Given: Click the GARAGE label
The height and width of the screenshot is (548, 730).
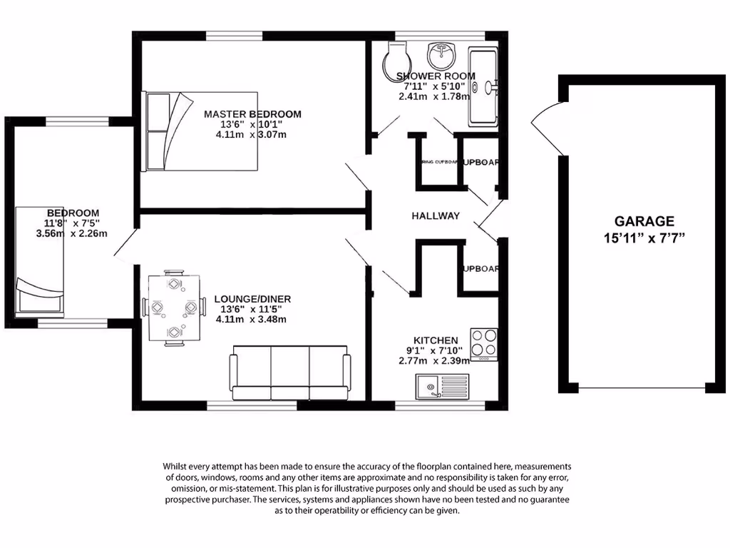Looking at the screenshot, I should point(644,221).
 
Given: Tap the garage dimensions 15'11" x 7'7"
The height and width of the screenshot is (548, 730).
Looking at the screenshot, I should point(644,238).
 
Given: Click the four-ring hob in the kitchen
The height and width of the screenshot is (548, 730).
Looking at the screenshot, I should point(484,343).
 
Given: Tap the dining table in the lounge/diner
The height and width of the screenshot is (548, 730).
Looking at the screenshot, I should point(173,308).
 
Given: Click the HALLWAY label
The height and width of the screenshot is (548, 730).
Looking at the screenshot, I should point(436,216).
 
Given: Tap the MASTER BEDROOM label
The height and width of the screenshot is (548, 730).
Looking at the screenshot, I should point(252,114).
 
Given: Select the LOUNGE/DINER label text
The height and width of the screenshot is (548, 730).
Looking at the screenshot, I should point(252,299).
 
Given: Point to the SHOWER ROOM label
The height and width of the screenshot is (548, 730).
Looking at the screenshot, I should point(431,76).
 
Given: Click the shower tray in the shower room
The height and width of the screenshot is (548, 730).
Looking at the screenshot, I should point(483,86).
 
